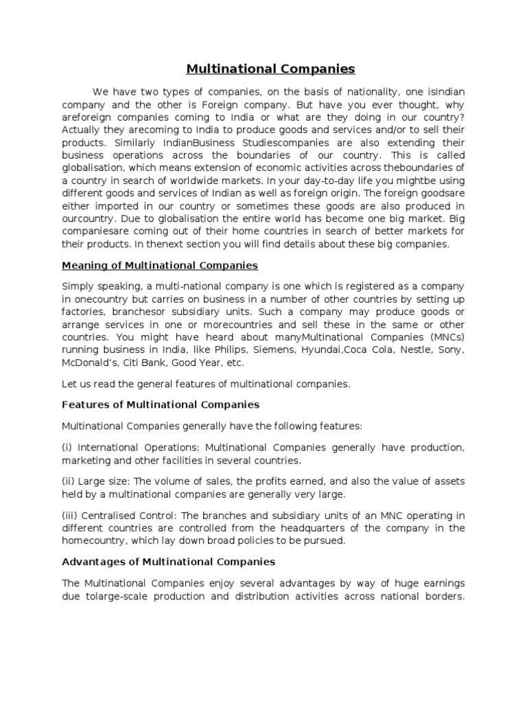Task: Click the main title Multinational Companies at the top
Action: click(271, 69)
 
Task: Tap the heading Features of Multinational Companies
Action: click(161, 404)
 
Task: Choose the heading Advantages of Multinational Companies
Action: click(168, 561)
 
